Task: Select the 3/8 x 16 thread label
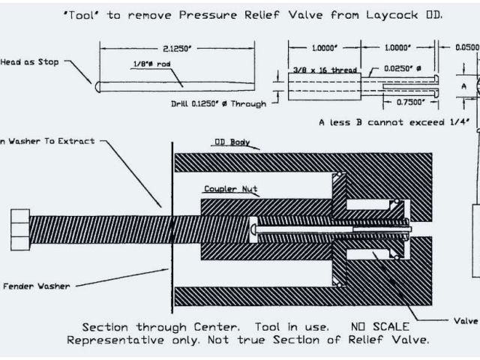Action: pyautogui.click(x=323, y=70)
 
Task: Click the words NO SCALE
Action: pyautogui.click(x=378, y=326)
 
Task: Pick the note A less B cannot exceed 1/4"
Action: pyautogui.click(x=394, y=121)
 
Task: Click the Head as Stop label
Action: pyautogui.click(x=30, y=62)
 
